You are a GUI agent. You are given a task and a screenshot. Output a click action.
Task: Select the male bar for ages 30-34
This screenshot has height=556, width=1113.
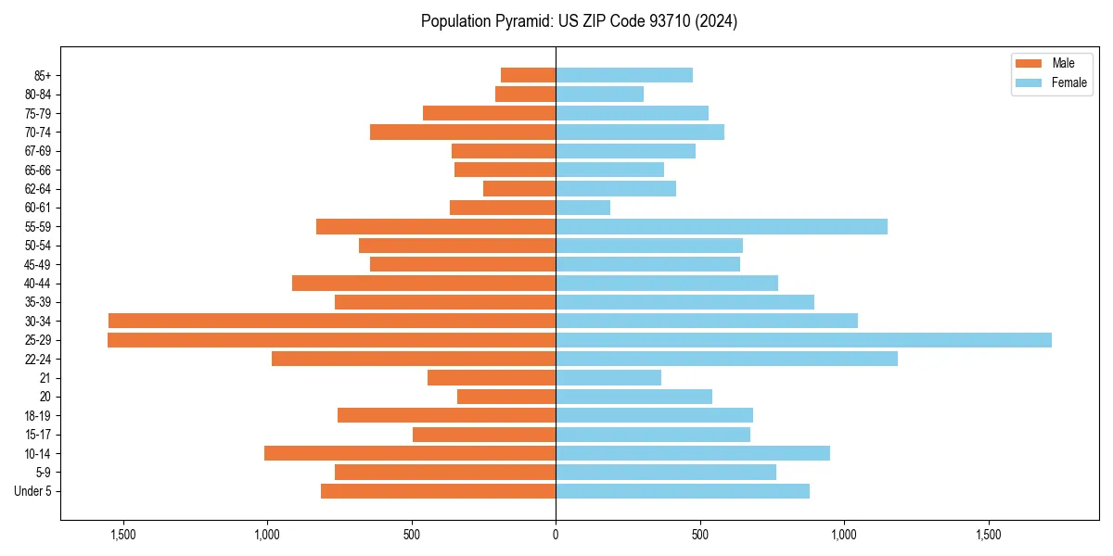click(332, 321)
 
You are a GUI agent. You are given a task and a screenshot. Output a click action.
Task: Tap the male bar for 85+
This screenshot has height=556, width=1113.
click(528, 75)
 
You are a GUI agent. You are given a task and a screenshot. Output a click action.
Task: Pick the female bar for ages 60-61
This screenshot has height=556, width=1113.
click(582, 208)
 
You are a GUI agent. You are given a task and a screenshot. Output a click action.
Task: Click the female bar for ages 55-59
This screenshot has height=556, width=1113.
click(721, 226)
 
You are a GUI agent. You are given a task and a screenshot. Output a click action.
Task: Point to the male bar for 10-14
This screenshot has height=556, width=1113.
click(410, 453)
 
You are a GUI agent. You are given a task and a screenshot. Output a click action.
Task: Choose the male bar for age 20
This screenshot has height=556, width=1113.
click(506, 397)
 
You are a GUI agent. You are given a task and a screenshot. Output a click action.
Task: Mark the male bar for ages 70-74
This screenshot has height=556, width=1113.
click(463, 132)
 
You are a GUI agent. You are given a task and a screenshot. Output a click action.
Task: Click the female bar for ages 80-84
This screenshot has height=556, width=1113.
click(599, 94)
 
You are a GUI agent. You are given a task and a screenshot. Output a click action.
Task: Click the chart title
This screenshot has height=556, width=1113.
click(579, 21)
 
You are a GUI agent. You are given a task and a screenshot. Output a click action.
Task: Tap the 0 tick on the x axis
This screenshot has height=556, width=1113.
click(556, 535)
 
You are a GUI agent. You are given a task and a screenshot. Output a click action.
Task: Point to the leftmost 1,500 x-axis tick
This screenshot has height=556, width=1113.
click(122, 535)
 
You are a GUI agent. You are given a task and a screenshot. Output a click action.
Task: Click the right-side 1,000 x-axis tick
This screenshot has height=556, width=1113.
click(844, 535)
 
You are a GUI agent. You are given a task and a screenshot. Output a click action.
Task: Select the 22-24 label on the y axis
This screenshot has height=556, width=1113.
click(38, 359)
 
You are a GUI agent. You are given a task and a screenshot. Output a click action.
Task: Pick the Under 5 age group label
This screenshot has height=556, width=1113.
click(33, 491)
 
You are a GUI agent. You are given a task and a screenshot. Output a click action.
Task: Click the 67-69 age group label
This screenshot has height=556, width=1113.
click(38, 151)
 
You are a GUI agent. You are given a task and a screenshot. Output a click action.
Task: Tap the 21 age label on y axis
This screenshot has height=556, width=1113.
click(45, 378)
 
